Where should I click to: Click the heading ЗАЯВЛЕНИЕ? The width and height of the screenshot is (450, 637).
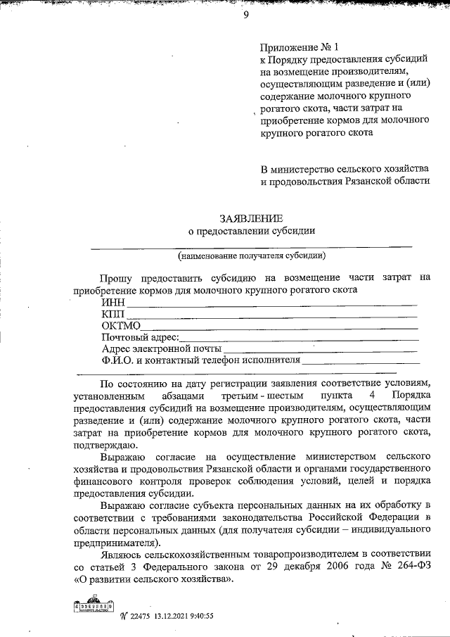point(250,219)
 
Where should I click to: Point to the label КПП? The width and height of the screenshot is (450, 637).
point(113,313)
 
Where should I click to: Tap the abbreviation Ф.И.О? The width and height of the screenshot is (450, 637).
point(117,360)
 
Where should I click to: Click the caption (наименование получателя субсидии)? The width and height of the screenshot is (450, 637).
point(251,255)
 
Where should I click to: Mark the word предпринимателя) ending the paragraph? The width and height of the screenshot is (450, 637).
point(116,543)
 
